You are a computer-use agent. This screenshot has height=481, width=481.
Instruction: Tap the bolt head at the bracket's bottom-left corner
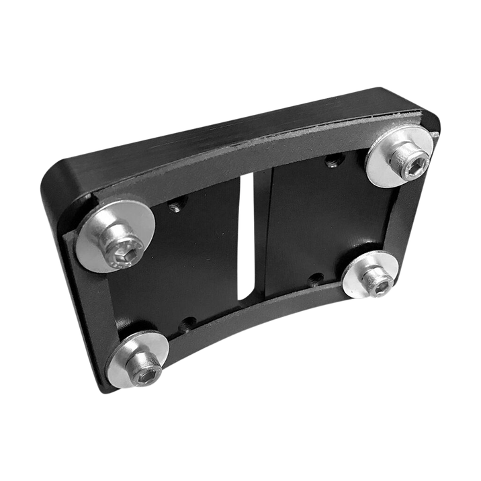point(146,374)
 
